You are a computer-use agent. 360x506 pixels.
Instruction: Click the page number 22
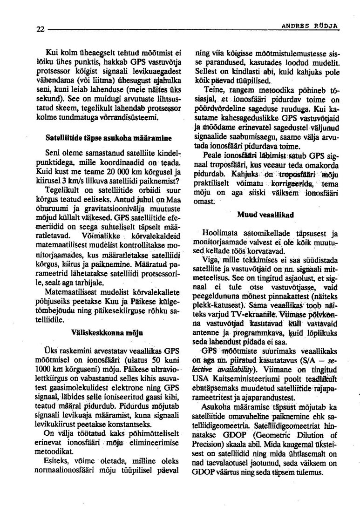tap(40, 29)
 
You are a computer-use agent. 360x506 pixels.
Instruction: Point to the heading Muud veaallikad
tap(263, 215)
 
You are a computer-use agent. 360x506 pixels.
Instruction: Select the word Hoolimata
tap(219, 233)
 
